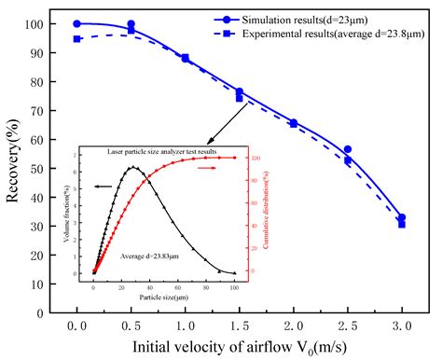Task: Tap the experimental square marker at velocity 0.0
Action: pyautogui.click(x=77, y=39)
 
